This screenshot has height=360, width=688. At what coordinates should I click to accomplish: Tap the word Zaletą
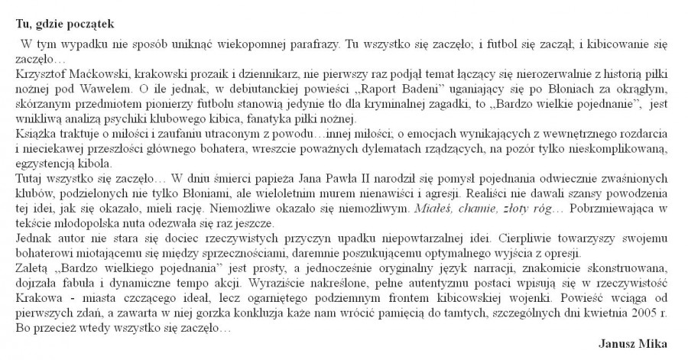click(32, 270)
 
